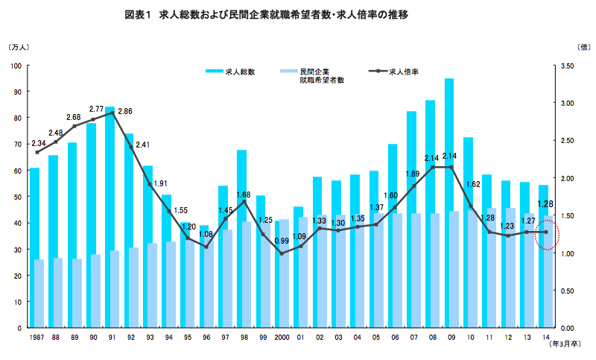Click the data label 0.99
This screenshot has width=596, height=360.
tap(282, 241)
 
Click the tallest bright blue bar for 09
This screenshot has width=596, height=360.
tap(449, 201)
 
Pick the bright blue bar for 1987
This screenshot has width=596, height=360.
tap(34, 246)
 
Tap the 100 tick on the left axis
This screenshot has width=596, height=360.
tap(16, 66)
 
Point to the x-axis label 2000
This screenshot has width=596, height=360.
tap(282, 337)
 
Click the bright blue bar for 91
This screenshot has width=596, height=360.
tap(110, 216)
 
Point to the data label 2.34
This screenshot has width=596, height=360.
tap(38, 143)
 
